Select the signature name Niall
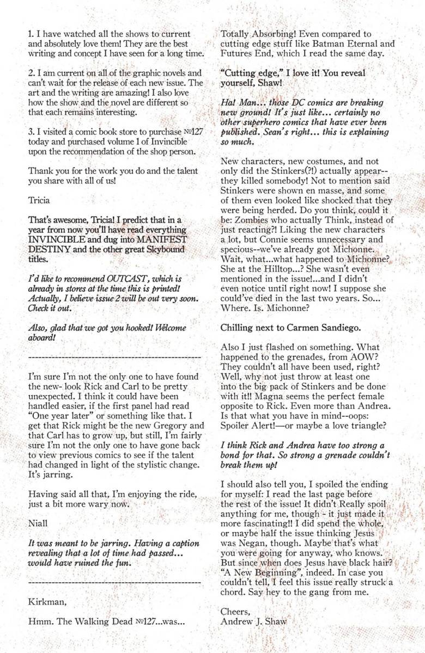click(x=38, y=524)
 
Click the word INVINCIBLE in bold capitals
click(x=64, y=240)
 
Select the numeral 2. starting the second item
click(x=31, y=72)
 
